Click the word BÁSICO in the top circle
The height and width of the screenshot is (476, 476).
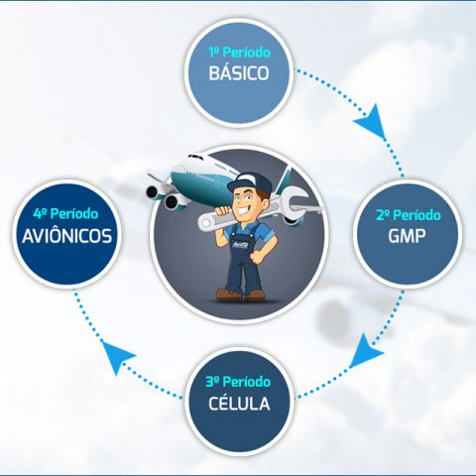239,72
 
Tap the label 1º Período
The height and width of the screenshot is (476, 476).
240,53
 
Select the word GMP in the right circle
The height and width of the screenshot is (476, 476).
407,236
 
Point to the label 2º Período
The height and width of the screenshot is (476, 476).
409,215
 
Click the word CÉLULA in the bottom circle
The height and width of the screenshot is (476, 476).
239,404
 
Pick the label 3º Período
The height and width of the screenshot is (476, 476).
238,382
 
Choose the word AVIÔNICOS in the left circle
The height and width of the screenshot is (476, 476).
67,236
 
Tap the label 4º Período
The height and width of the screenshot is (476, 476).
65,214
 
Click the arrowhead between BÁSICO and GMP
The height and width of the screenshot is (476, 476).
372,122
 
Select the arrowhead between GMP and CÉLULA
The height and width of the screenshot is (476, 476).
365,352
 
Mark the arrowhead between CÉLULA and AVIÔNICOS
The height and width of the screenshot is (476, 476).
116,356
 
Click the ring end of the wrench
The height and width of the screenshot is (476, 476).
206,223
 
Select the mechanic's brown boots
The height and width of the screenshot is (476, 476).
240,294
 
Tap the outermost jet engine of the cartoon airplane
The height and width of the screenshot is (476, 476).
152,191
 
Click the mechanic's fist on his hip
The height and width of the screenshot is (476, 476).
257,257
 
